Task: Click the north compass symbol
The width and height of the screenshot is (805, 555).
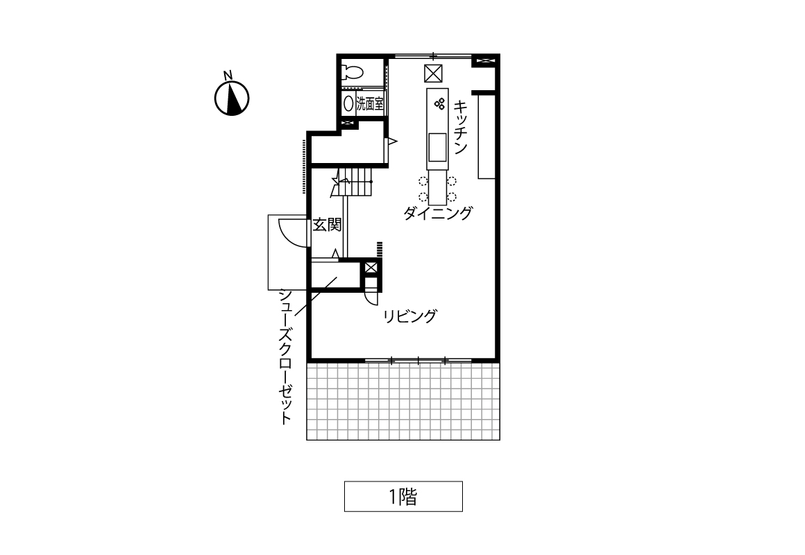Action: click(x=232, y=98)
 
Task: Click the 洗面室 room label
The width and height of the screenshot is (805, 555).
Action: click(x=370, y=103)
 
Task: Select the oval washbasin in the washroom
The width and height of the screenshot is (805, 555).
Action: click(x=348, y=104)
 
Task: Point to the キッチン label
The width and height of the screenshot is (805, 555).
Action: click(x=461, y=127)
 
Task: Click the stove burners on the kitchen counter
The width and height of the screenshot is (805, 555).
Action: click(x=439, y=103)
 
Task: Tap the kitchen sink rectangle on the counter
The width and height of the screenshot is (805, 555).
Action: click(x=437, y=147)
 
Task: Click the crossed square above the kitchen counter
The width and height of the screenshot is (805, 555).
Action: click(x=433, y=74)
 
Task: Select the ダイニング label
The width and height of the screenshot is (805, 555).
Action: click(x=438, y=212)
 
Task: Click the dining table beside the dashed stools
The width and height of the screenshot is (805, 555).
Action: click(x=437, y=188)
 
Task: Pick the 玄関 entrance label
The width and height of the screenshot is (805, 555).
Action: click(x=327, y=224)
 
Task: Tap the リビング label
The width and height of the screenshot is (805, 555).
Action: click(x=410, y=316)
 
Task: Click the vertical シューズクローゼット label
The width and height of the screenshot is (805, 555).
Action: click(x=285, y=357)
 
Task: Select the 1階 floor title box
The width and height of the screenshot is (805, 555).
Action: click(x=403, y=497)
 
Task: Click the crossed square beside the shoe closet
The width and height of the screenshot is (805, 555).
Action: click(x=371, y=268)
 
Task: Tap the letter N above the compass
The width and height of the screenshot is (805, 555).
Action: click(x=228, y=75)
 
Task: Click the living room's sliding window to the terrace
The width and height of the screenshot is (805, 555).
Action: click(x=418, y=361)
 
